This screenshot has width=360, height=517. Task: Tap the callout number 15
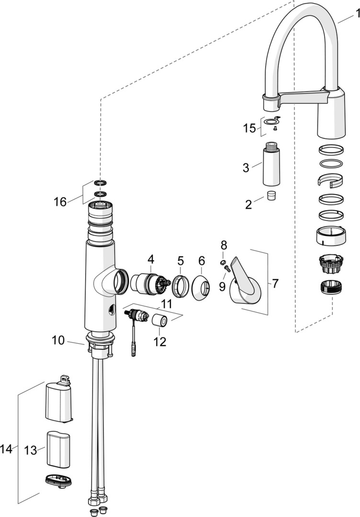coord(249,128)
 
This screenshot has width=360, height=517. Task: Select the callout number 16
coord(60,202)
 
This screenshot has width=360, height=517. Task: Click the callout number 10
coord(58,340)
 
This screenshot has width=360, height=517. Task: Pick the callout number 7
coord(275,283)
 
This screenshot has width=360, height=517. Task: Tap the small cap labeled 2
coord(271,196)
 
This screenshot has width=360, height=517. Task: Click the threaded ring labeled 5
coord(180,286)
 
